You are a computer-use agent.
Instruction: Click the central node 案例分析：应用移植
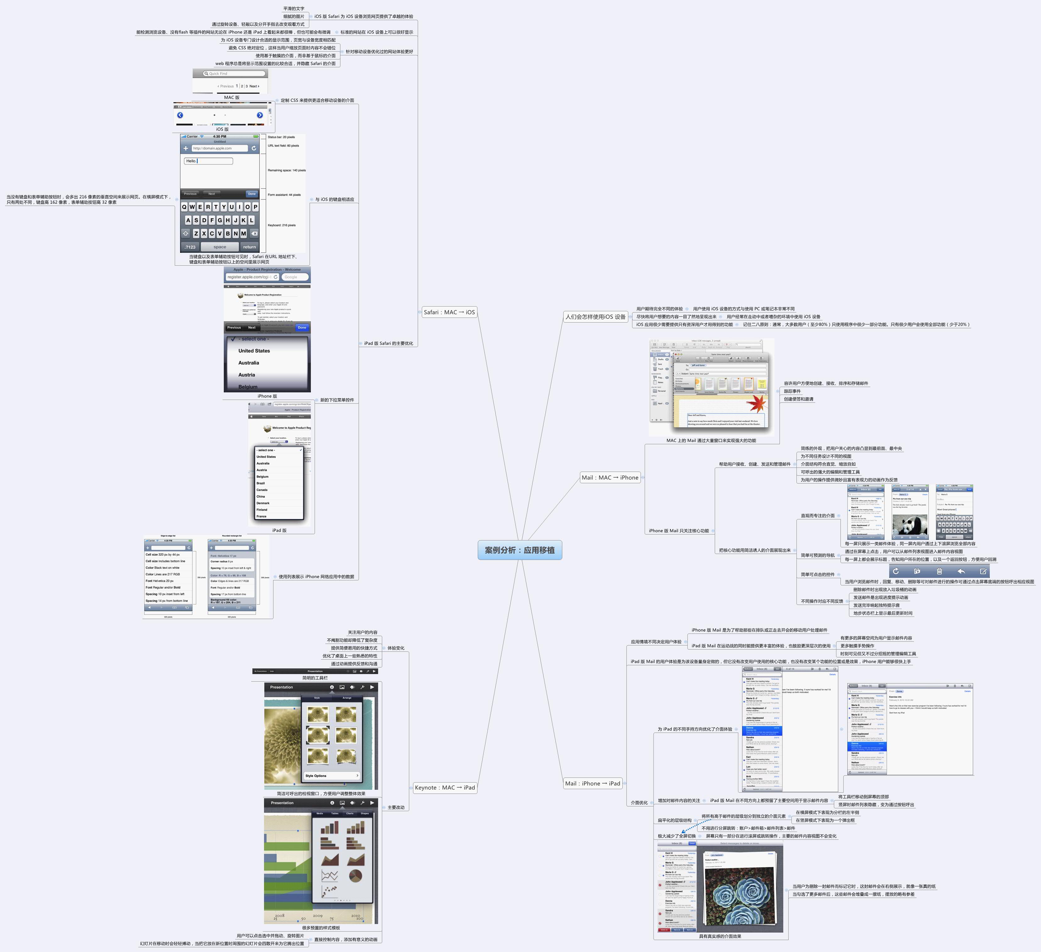[x=520, y=550]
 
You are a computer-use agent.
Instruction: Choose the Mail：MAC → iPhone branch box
[x=610, y=478]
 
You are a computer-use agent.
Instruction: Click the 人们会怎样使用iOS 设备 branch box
[x=595, y=317]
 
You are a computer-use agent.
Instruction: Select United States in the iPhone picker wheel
[x=254, y=351]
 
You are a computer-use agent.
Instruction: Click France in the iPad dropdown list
[x=262, y=516]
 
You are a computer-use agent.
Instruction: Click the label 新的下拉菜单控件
[x=337, y=400]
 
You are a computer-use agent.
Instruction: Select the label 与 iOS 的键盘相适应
[x=335, y=199]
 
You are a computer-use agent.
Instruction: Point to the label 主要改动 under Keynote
[x=395, y=807]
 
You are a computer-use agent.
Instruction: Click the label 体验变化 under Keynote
[x=395, y=648]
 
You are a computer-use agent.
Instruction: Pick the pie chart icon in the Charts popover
[x=355, y=876]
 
